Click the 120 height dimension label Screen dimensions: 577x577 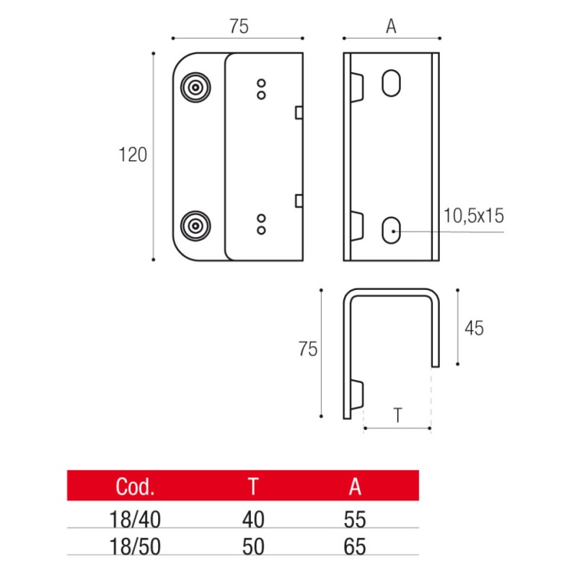(x=133, y=154)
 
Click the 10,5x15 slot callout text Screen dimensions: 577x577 (x=475, y=215)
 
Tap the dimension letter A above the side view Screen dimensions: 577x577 (x=391, y=27)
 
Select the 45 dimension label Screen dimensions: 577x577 (x=474, y=328)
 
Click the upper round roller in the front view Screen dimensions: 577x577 (x=195, y=89)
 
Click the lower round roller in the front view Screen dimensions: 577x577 (x=195, y=227)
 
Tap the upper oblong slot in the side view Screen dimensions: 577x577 (x=390, y=83)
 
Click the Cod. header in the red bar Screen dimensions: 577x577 (x=135, y=488)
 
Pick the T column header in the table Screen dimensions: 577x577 (x=253, y=488)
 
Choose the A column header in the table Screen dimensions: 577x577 (x=355, y=488)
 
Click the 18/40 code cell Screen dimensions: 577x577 (x=135, y=519)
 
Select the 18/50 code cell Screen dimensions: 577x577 (x=135, y=547)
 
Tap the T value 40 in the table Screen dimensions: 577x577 (x=253, y=519)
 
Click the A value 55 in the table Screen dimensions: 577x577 (x=355, y=519)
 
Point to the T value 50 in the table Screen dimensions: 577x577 (x=253, y=547)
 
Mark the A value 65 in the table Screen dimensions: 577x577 (x=355, y=547)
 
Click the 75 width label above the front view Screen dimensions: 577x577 (x=238, y=27)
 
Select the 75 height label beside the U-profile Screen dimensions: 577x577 (x=307, y=351)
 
